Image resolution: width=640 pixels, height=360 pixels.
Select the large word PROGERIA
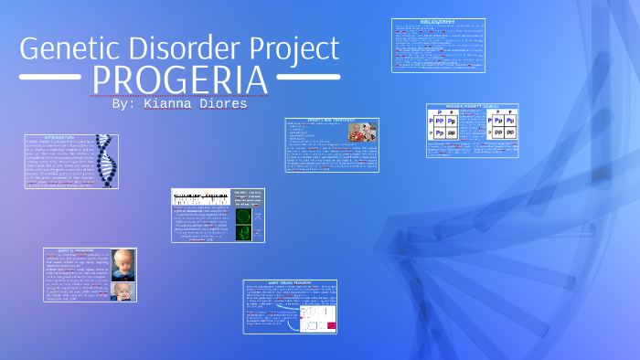click(x=180, y=80)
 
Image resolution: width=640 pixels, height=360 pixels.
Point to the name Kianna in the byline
click(x=170, y=104)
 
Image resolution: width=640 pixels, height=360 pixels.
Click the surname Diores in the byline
click(x=224, y=104)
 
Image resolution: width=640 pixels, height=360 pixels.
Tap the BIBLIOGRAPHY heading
click(x=438, y=23)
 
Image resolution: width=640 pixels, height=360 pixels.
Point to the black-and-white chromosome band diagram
click(x=200, y=196)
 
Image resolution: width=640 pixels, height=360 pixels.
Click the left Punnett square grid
click(x=447, y=127)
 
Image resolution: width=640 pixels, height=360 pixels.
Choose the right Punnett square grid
click(x=497, y=127)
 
